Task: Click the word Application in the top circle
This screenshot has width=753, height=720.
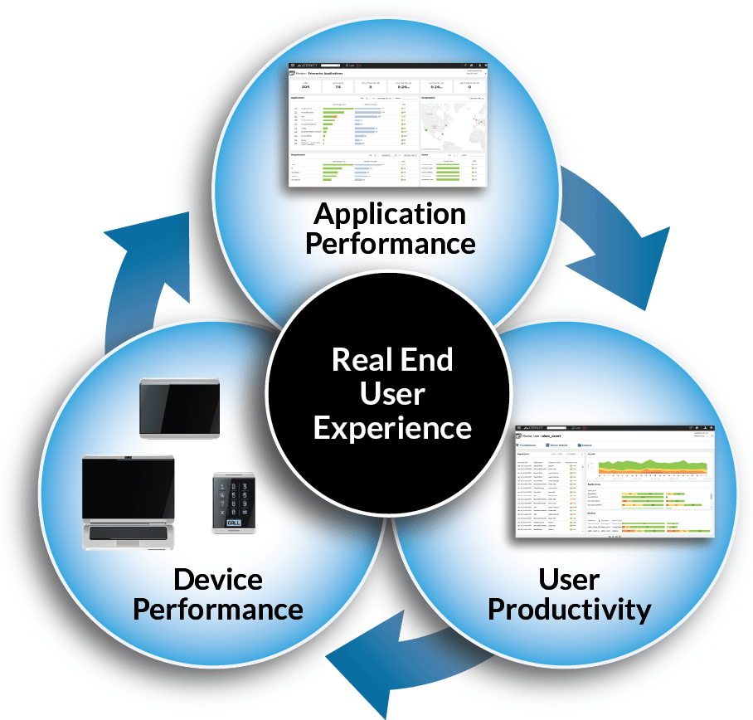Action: click(390, 215)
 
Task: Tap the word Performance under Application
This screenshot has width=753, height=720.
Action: click(390, 244)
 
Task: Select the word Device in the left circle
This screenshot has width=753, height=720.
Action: click(218, 580)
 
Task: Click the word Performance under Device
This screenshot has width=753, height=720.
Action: click(218, 610)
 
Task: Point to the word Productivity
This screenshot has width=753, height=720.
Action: click(569, 610)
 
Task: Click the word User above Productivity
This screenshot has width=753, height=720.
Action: click(569, 579)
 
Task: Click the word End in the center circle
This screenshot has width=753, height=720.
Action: click(425, 360)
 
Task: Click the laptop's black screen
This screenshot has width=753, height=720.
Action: click(129, 486)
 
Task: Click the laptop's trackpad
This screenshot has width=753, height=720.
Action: click(129, 540)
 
